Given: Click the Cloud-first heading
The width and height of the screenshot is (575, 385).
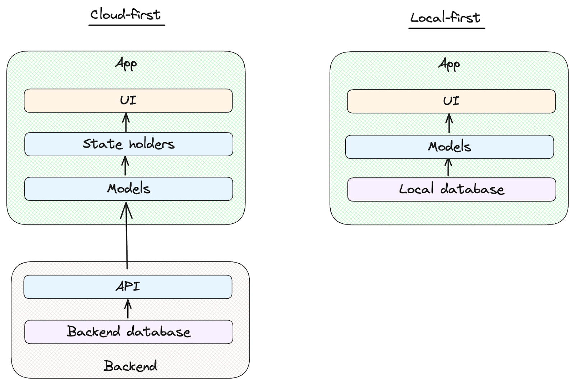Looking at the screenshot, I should click(125, 14).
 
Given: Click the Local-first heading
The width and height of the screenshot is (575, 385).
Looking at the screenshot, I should click(445, 17).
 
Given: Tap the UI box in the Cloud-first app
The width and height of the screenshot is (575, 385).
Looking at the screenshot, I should click(128, 101).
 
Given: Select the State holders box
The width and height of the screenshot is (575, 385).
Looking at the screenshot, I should click(128, 144).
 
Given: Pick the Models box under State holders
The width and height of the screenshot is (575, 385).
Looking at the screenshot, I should click(128, 189).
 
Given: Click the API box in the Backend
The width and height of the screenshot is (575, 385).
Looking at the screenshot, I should click(128, 287).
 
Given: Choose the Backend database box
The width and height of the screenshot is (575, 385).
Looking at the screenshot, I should click(128, 331).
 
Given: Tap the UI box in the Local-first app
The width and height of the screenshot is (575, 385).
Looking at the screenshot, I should click(451, 101).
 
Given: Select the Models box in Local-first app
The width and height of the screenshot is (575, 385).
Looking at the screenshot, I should click(449, 147).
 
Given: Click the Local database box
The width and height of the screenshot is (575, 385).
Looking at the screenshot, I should click(451, 189).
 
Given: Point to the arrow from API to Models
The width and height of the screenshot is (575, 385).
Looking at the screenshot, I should click(126, 237).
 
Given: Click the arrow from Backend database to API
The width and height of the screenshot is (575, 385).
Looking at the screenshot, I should click(128, 309).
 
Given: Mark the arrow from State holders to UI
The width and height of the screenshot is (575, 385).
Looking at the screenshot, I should click(126, 122).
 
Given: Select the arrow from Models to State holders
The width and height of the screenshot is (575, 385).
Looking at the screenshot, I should click(125, 166).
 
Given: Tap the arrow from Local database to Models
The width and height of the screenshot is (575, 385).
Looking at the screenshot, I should click(448, 168).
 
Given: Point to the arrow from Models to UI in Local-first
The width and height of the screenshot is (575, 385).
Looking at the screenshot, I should click(449, 124).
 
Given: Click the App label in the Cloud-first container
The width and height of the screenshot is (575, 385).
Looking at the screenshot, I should click(126, 64).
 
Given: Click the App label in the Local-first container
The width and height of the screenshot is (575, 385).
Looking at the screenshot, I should click(449, 65).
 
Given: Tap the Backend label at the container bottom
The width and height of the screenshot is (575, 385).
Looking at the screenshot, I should click(130, 366).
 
